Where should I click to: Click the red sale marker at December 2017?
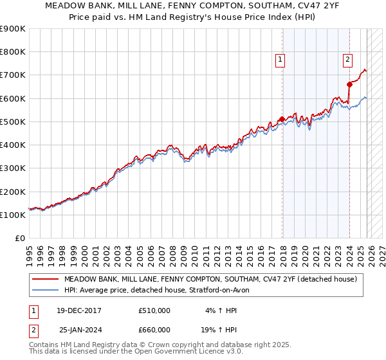[282, 119]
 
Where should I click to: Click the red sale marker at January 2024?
[349, 84]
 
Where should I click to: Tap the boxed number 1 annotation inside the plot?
[281, 60]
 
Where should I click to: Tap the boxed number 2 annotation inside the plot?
[347, 60]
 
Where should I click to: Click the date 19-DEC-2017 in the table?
[80, 310]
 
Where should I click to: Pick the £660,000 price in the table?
[154, 330]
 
